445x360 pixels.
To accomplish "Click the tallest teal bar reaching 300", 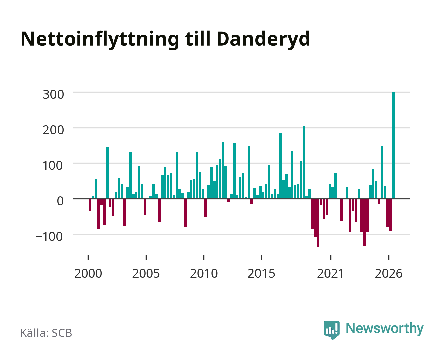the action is [393, 145].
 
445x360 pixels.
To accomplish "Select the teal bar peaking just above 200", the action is [304, 162].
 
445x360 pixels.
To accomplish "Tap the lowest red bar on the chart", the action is [318, 223].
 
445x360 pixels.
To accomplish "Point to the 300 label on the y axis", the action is [53, 94].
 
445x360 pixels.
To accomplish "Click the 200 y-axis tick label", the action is [53, 130].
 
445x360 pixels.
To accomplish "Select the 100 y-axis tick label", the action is [53, 166].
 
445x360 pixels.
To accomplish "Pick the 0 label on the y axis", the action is [60, 201].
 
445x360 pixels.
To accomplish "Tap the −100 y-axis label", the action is [49, 237].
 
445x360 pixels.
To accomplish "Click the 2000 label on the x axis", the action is [88, 273].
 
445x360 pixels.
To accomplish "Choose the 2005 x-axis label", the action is [146, 273].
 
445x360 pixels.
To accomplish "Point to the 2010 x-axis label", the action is [204, 273].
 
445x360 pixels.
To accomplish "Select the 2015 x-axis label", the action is [261, 273].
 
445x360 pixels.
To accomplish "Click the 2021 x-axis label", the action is [330, 273].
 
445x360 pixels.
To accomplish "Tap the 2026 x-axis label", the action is [389, 273].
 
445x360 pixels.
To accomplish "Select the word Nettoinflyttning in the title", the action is [100, 40].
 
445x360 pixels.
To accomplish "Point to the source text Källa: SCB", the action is [46, 333].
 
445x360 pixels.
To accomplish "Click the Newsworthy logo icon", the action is [331, 330].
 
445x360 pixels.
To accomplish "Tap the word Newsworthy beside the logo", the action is [385, 329].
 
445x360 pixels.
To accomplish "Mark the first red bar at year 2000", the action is [90, 205].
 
